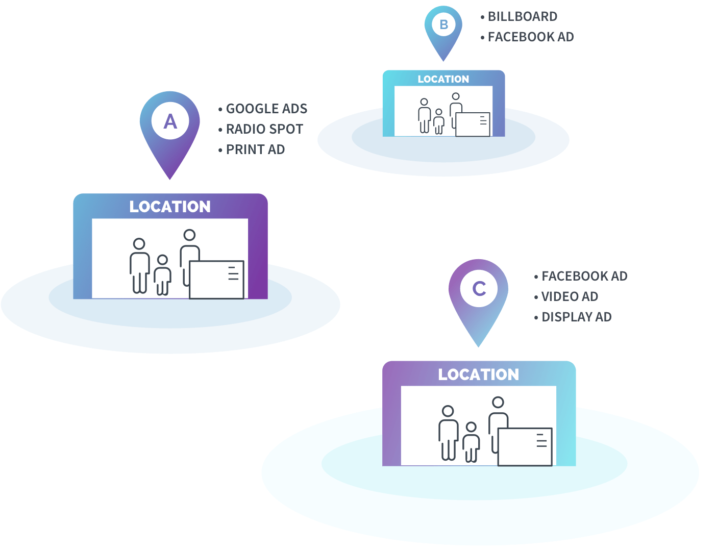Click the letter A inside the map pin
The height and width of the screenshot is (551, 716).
[x=170, y=121]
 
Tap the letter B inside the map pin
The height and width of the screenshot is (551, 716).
[x=443, y=24]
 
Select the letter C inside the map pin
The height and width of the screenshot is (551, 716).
[x=479, y=289]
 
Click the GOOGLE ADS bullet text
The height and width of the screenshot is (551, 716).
[x=266, y=109]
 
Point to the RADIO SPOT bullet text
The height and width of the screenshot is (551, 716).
[x=264, y=129]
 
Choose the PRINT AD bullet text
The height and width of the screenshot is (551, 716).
[x=255, y=149]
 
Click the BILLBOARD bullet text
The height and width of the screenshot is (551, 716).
[x=523, y=16]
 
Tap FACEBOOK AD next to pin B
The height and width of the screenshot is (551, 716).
[x=531, y=37]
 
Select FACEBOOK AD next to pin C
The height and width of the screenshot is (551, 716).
[x=584, y=276]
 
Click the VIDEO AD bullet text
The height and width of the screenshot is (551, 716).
[x=570, y=296]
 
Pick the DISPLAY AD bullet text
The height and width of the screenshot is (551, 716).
[x=577, y=317]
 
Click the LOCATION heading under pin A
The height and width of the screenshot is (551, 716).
[x=170, y=207]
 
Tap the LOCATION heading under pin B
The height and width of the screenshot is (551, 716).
[x=443, y=79]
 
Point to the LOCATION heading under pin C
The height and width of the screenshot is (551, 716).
[x=478, y=374]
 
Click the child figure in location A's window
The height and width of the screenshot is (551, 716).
[x=162, y=275]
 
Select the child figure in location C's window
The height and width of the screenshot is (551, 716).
[x=471, y=442]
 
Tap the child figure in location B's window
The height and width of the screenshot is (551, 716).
[x=438, y=121]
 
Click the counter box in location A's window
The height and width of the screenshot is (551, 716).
[x=216, y=280]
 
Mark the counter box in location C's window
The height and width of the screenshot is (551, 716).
[x=525, y=447]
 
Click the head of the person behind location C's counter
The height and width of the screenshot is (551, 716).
[x=498, y=403]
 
